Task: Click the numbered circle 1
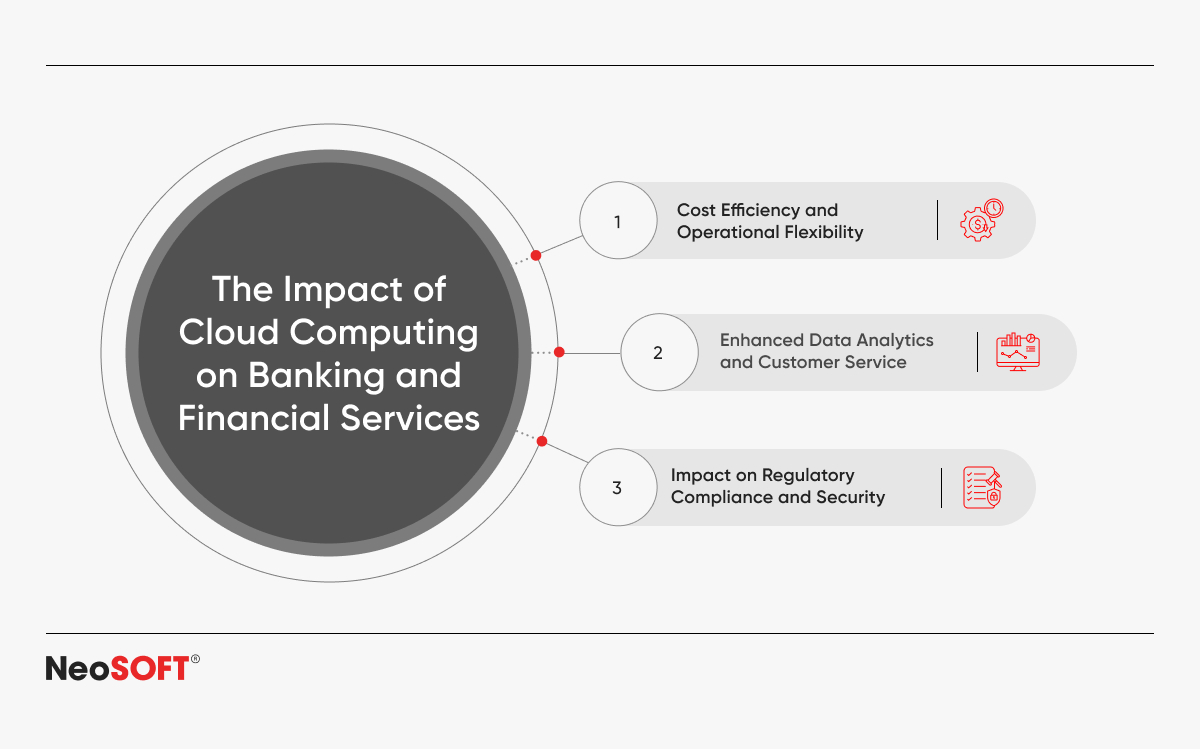(x=618, y=220)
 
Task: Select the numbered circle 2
(x=659, y=352)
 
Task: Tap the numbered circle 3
(x=618, y=487)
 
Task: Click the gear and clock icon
(x=981, y=220)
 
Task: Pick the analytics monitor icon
(x=1018, y=352)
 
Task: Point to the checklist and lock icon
(x=982, y=487)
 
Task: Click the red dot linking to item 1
(x=536, y=255)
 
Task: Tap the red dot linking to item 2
(x=559, y=352)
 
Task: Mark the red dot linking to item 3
(x=542, y=441)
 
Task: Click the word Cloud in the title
(x=229, y=332)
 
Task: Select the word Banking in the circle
(x=316, y=375)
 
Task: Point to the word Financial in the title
(x=253, y=418)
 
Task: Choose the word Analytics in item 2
(x=895, y=341)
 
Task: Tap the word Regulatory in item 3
(x=808, y=476)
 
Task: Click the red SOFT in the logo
(x=149, y=668)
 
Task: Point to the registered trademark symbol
(x=195, y=659)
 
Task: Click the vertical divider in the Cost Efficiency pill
(x=938, y=220)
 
